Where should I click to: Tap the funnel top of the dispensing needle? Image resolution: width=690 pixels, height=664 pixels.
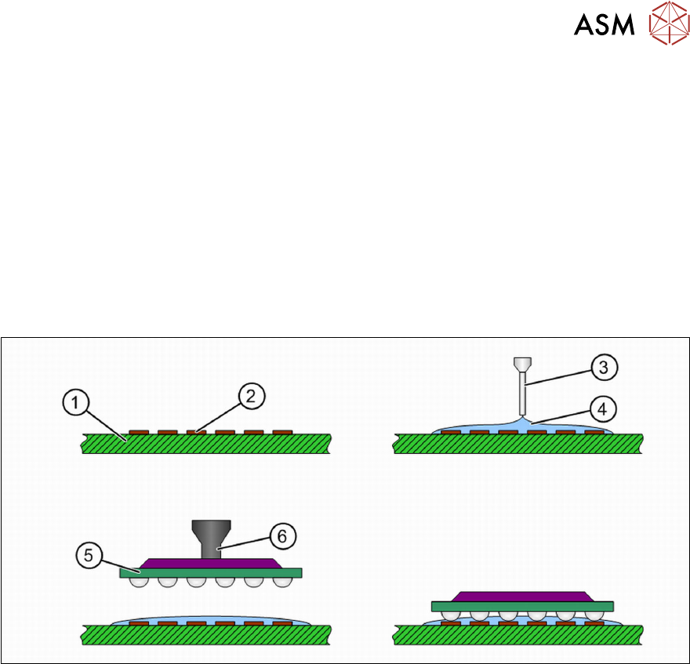(521, 364)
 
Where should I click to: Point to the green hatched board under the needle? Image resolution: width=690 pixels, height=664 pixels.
(517, 444)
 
